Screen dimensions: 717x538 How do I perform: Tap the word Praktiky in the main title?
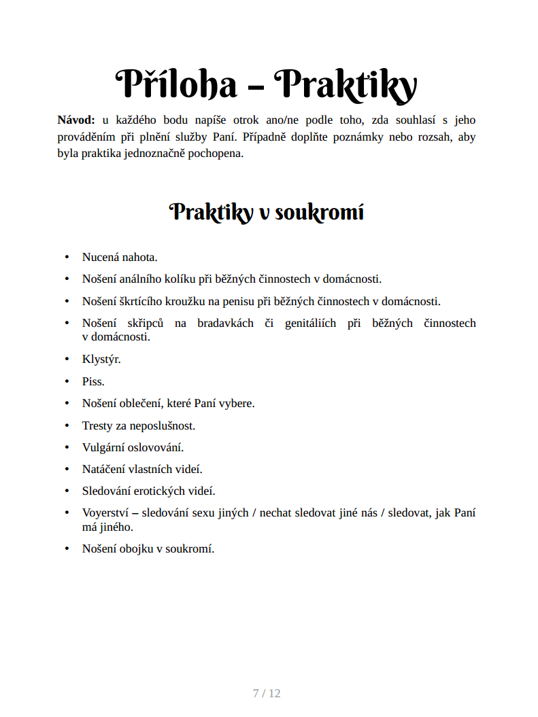348,84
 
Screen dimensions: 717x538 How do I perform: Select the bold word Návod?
76,120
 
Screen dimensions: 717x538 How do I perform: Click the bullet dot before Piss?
67,381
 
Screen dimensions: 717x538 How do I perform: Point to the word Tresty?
97,425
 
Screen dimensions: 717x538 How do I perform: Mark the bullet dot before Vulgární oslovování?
67,447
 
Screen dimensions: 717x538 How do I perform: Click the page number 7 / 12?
267,693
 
